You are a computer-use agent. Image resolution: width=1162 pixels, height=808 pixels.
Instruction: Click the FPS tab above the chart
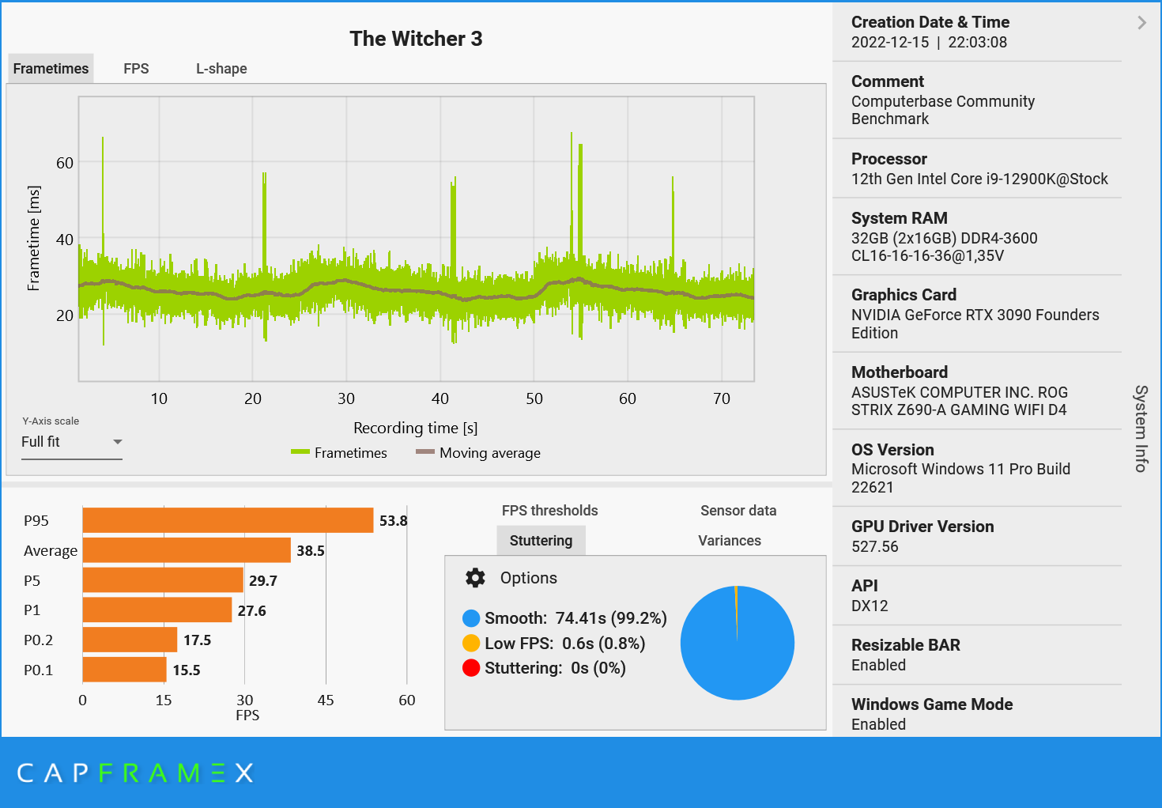click(136, 69)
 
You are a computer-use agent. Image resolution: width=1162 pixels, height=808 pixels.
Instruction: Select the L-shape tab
click(221, 69)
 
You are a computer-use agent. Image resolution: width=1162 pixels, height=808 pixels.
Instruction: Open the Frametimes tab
click(51, 69)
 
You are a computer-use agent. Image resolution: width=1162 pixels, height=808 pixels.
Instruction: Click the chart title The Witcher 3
click(416, 39)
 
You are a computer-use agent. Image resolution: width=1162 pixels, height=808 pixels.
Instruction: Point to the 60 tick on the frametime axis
click(65, 163)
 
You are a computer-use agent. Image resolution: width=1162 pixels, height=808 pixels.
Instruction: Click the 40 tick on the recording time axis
click(440, 398)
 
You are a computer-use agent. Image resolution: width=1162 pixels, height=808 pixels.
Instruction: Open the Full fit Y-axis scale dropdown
click(71, 442)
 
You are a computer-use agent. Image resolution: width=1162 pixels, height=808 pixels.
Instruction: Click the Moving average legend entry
click(479, 453)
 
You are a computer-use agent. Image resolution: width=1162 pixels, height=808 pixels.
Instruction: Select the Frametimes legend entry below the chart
click(339, 453)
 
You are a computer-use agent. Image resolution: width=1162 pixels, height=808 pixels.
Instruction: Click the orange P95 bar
click(228, 520)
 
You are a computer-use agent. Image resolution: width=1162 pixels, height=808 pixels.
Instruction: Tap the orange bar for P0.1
click(124, 670)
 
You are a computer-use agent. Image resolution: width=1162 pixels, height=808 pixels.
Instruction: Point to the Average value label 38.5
click(311, 550)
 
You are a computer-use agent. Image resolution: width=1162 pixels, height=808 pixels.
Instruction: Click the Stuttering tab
click(541, 541)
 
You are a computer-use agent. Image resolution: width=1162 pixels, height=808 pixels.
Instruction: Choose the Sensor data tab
click(738, 511)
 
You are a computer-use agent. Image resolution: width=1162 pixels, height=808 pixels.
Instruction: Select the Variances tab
click(730, 541)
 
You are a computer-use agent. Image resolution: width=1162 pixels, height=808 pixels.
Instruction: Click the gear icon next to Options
click(475, 578)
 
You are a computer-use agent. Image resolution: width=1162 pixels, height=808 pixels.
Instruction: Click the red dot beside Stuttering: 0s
click(471, 668)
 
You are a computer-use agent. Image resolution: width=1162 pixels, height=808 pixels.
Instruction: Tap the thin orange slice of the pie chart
click(736, 609)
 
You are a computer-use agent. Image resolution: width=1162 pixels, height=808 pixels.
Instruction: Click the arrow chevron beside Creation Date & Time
click(1141, 23)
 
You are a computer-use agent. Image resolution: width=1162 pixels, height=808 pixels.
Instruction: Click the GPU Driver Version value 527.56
click(874, 546)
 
